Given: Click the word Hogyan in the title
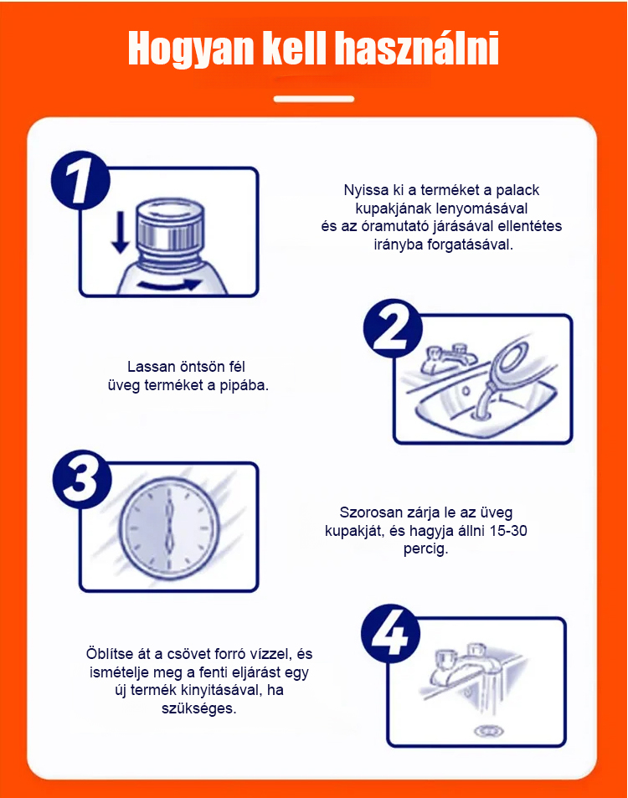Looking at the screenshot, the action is (x=191, y=49).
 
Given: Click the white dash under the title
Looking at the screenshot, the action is (x=313, y=99).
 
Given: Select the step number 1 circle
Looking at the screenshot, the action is (x=80, y=180).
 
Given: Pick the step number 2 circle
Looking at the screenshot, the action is (x=393, y=328).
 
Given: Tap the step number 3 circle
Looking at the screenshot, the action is (x=82, y=479).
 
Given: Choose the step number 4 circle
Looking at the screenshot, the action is (x=390, y=634).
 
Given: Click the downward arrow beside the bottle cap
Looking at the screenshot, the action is (x=120, y=232).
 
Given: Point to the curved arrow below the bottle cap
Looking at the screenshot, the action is (x=170, y=285).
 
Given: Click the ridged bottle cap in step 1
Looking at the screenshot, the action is (x=171, y=226).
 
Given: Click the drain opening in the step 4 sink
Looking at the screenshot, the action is (x=488, y=731).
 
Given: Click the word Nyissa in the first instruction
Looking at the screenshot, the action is (x=366, y=190).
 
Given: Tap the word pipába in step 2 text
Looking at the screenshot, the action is (x=244, y=386).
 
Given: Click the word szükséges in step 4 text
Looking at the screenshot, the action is (x=199, y=708).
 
